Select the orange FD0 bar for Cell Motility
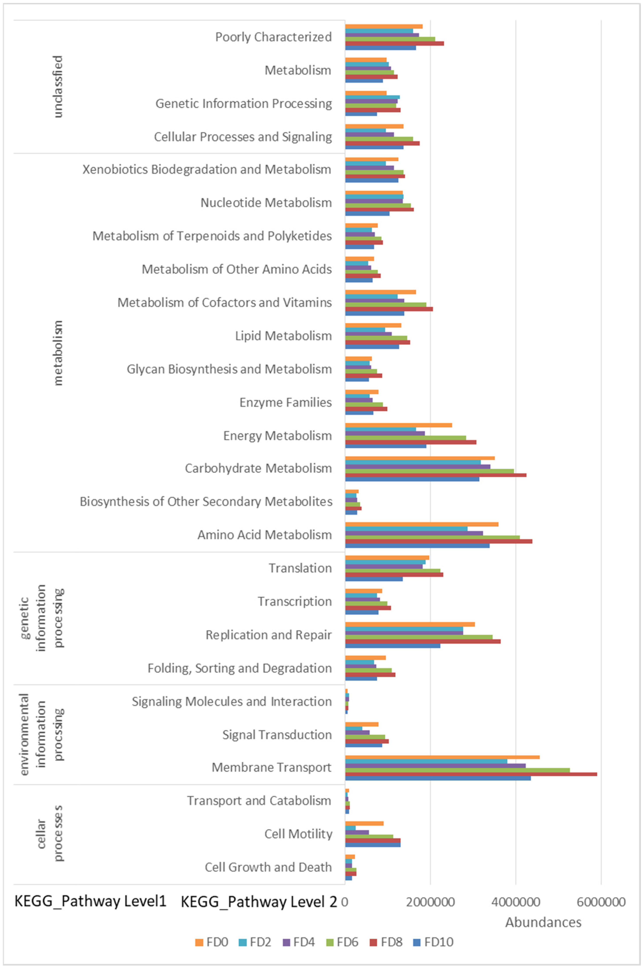(364, 823)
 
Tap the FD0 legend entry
(211, 942)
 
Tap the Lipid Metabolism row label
(283, 336)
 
